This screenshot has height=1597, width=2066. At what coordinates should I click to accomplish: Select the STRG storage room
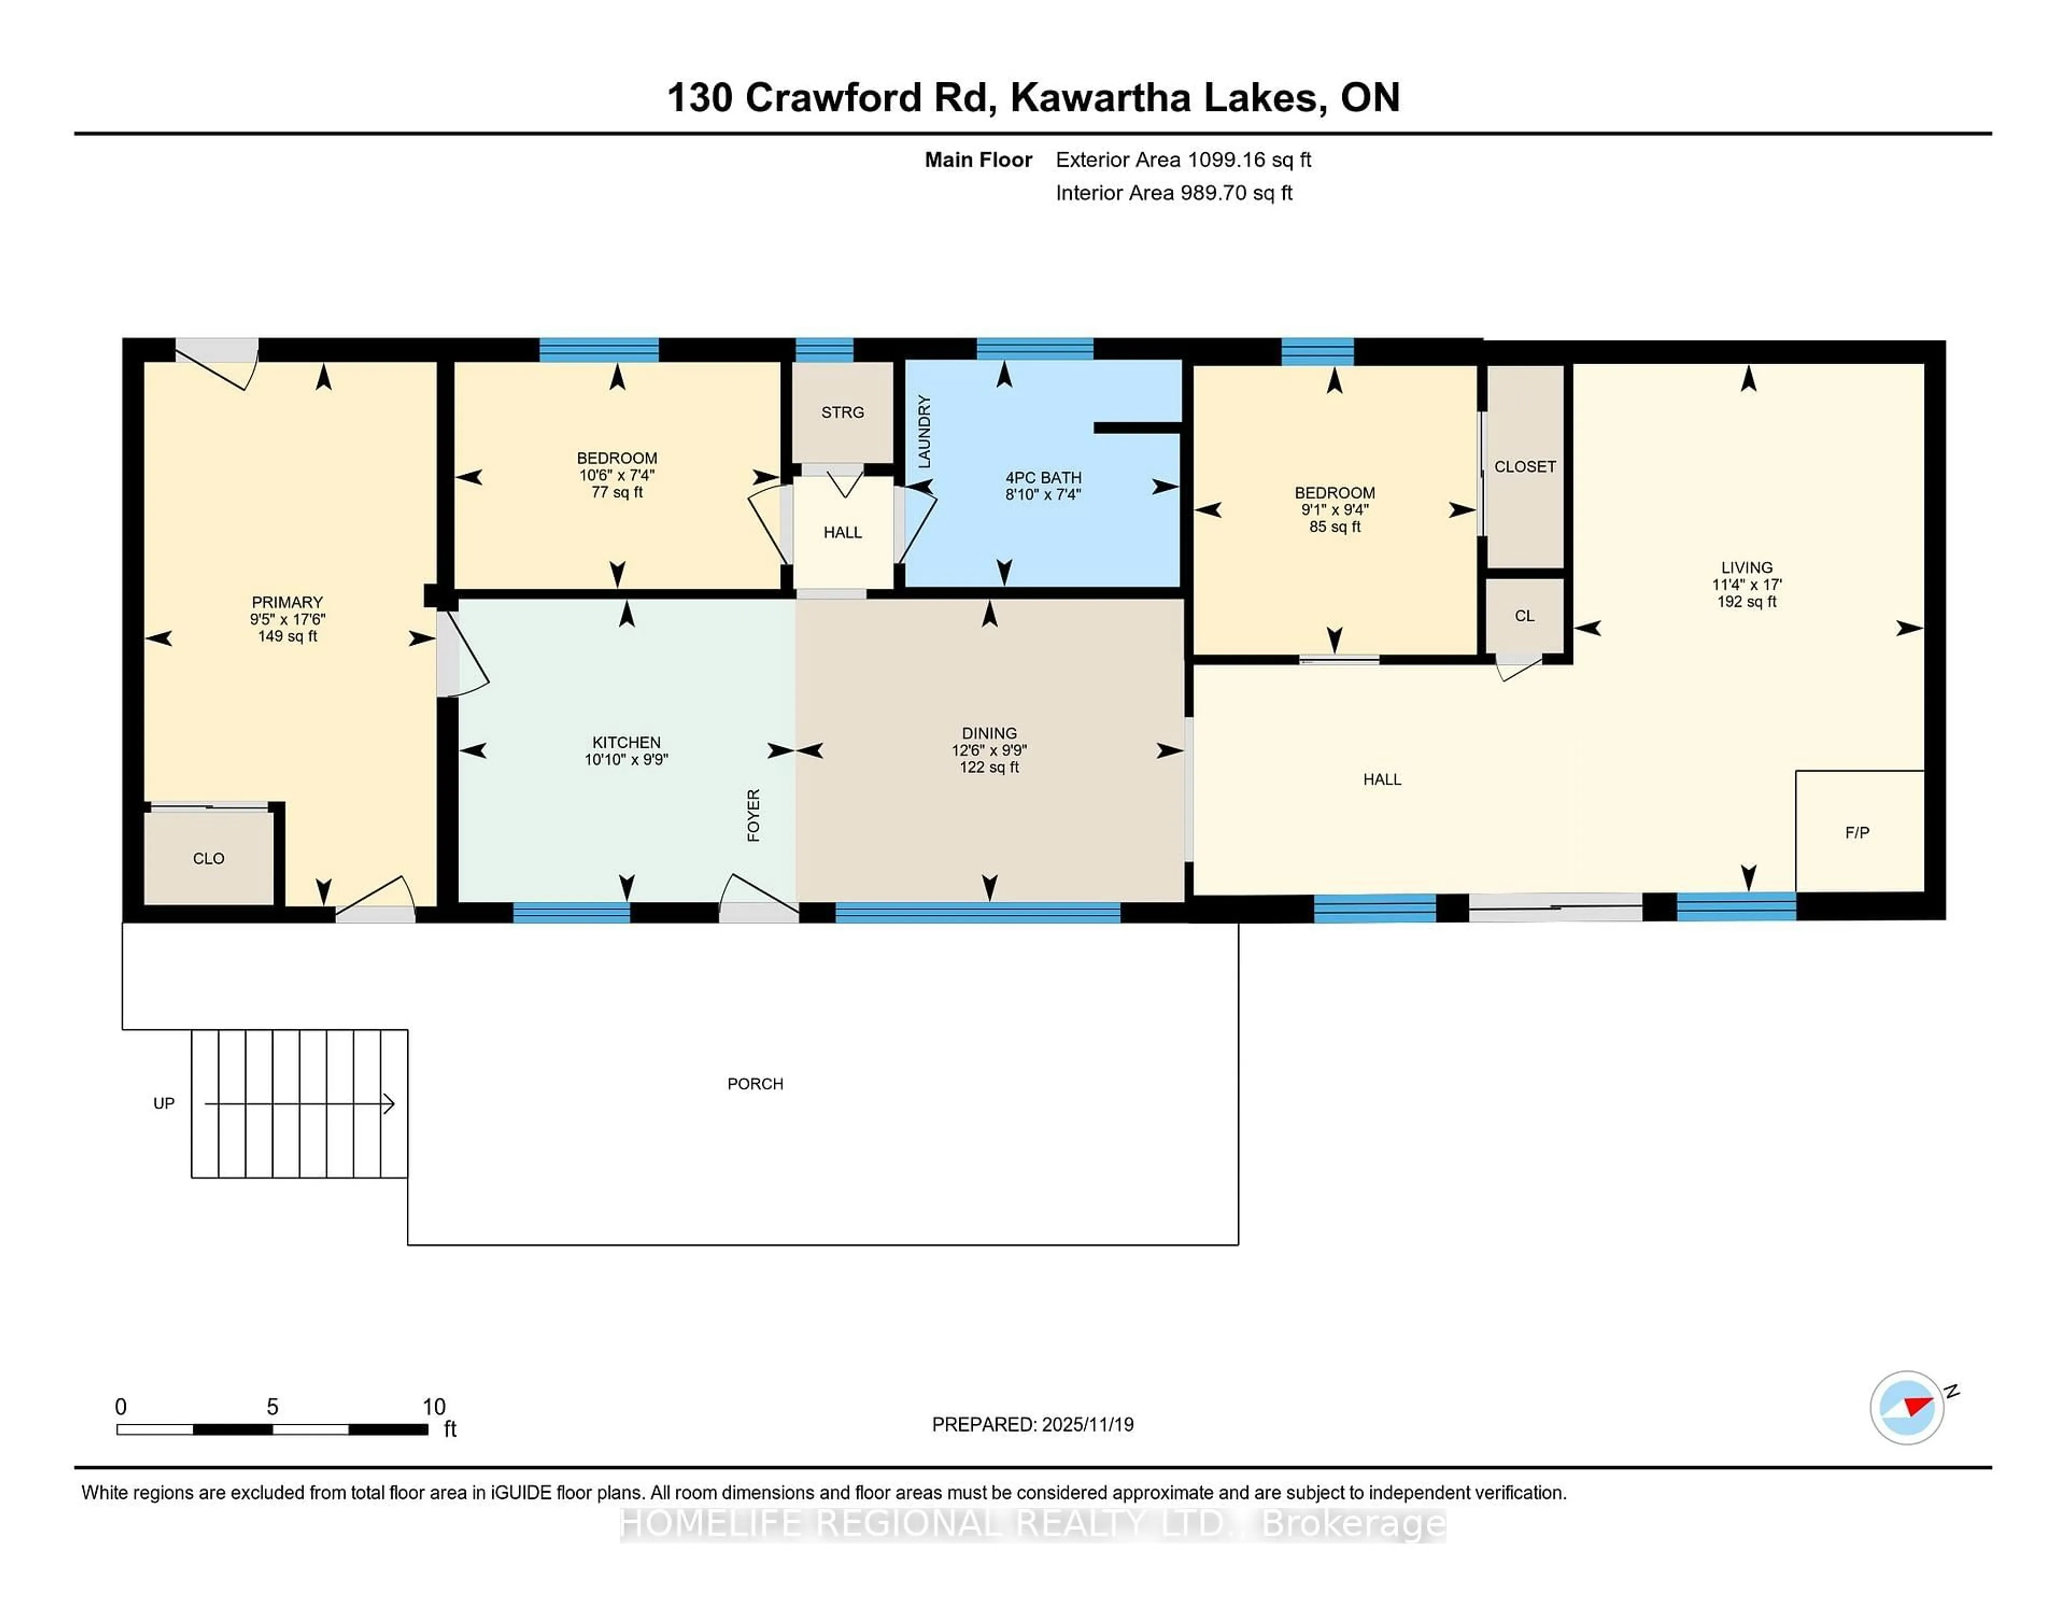(x=842, y=413)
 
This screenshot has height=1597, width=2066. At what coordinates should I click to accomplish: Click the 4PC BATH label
(x=1043, y=478)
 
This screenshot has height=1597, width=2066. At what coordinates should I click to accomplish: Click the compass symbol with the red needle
(x=1906, y=1407)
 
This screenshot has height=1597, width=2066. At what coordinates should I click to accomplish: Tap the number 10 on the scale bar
(x=433, y=1407)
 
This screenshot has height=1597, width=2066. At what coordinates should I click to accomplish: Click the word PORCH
(x=755, y=1083)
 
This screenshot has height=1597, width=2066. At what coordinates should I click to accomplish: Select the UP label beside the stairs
(x=164, y=1103)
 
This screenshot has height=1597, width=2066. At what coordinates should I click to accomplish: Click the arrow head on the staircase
(x=388, y=1103)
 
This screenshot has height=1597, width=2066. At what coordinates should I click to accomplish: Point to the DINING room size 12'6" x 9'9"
(x=989, y=750)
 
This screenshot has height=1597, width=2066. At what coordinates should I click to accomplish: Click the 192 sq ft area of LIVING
(x=1746, y=602)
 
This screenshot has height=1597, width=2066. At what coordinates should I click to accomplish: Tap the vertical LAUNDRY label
(x=924, y=432)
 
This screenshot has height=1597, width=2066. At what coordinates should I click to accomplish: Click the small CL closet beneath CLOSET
(x=1524, y=616)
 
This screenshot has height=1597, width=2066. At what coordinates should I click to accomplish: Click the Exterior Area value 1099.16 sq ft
(x=1184, y=160)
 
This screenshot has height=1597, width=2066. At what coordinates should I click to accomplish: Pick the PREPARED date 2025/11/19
(x=1087, y=1424)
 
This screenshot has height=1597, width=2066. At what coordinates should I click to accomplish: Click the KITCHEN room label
(x=626, y=743)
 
